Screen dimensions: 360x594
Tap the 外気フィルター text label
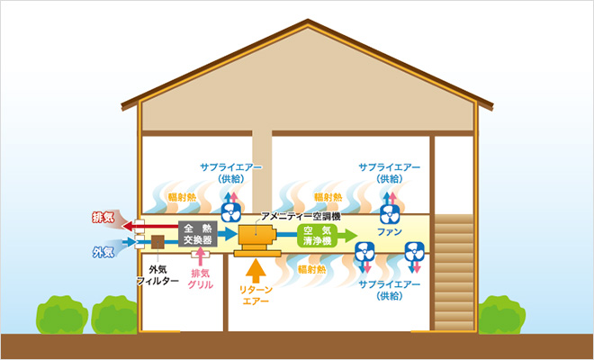coord(151,275)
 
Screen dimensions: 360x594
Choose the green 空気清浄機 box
coord(318,236)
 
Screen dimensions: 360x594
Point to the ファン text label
coord(390,232)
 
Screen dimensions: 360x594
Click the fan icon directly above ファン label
coord(390,213)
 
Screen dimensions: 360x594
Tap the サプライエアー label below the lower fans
coord(389,290)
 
